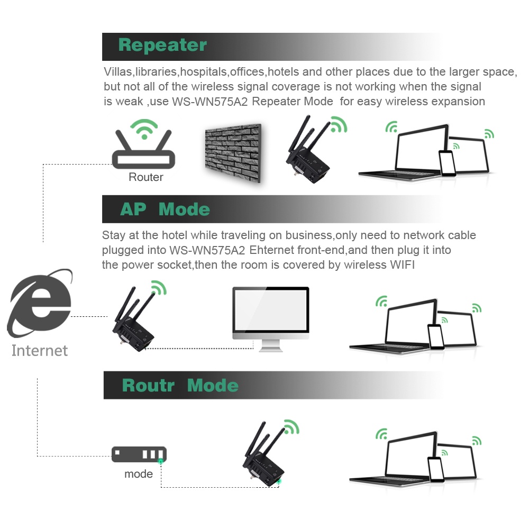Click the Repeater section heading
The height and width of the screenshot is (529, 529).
pyautogui.click(x=162, y=45)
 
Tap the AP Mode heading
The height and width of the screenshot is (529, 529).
pyautogui.click(x=165, y=209)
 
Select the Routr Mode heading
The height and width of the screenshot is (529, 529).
pyautogui.click(x=180, y=385)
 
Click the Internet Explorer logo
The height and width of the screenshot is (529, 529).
pyautogui.click(x=40, y=304)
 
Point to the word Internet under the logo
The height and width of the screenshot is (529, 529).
pyautogui.click(x=40, y=351)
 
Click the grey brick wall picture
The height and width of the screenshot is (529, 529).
pyautogui.click(x=233, y=153)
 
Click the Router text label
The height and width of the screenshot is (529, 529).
pyautogui.click(x=146, y=177)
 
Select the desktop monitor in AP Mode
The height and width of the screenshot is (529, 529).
pyautogui.click(x=271, y=315)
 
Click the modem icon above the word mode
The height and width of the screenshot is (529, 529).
pyautogui.click(x=139, y=454)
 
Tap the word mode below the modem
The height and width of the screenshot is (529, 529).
pyautogui.click(x=139, y=474)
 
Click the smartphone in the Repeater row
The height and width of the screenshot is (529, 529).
pyautogui.click(x=447, y=163)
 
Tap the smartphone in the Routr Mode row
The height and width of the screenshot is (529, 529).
pyautogui.click(x=436, y=469)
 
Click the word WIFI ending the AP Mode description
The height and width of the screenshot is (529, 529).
pyautogui.click(x=403, y=265)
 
